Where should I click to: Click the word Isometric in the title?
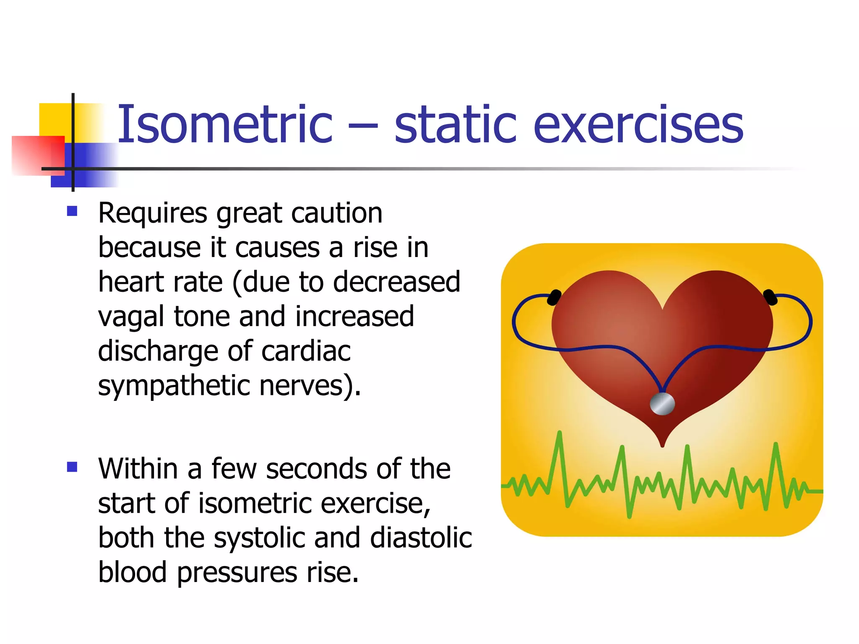click(x=224, y=125)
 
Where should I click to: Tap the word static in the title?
click(x=455, y=125)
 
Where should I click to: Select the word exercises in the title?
click(x=638, y=125)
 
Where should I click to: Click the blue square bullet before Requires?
click(x=72, y=210)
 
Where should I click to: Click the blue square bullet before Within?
click(x=72, y=466)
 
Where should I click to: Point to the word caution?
click(x=337, y=213)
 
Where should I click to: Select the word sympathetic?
click(x=174, y=386)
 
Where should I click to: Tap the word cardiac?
click(x=306, y=351)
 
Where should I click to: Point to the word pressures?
click(x=237, y=573)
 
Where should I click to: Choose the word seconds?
click(x=316, y=469)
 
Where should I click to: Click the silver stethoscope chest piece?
click(x=662, y=404)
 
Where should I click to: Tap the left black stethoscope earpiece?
click(x=554, y=297)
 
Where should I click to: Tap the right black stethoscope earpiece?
click(x=770, y=297)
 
